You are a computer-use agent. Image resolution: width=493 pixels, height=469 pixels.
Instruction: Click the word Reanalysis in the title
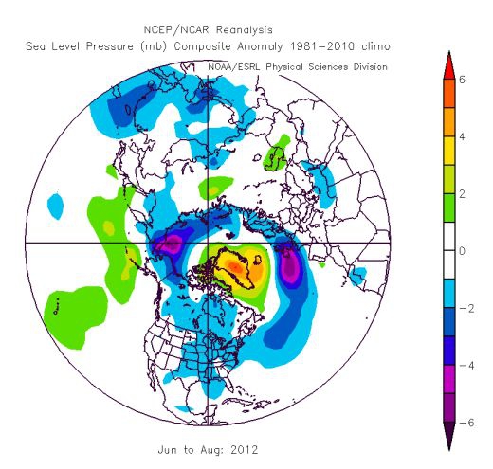(x=244, y=30)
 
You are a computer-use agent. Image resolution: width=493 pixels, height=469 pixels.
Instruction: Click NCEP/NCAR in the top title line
(x=176, y=29)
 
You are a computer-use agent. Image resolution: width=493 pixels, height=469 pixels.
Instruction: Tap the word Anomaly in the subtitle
(x=260, y=46)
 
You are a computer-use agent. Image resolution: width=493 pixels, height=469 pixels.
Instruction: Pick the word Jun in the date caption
(x=168, y=449)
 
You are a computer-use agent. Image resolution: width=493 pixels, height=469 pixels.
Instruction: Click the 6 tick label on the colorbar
(x=462, y=80)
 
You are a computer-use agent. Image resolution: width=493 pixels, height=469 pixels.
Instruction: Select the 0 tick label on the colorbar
(x=462, y=251)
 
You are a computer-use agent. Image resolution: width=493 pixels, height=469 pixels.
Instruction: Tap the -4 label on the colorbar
(x=466, y=366)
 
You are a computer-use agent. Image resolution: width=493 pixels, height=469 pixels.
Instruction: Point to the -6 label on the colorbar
(x=466, y=423)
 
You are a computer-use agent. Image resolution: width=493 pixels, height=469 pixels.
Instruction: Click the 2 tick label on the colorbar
(x=462, y=194)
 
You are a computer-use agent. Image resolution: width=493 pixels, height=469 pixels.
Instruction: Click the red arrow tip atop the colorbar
(x=449, y=52)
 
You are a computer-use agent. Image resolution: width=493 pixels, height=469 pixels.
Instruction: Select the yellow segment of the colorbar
(x=449, y=151)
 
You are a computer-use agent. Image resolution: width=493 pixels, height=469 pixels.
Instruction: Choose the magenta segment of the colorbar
(x=449, y=379)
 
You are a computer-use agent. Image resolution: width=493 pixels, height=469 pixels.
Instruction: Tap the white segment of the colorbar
(x=449, y=251)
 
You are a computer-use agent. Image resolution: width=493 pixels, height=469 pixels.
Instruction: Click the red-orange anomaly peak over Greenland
(x=236, y=267)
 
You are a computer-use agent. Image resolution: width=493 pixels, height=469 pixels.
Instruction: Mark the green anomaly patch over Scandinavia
(x=277, y=153)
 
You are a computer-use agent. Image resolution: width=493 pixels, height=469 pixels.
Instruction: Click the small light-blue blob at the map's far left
(x=55, y=207)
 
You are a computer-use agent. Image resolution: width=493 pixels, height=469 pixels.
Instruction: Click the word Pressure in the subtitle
(x=110, y=46)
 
